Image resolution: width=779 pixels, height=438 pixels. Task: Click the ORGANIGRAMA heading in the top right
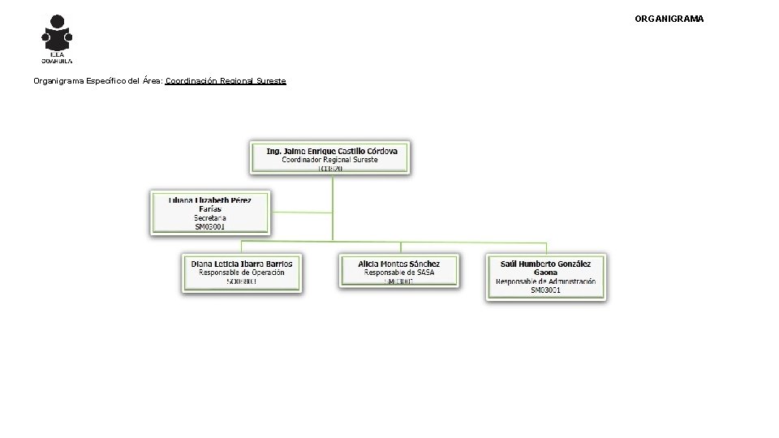click(669, 18)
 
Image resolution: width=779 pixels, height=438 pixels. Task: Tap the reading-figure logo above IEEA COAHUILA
click(57, 34)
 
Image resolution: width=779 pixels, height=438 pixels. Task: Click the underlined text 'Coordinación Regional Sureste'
click(226, 81)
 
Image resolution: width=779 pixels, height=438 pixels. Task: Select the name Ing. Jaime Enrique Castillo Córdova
click(331, 151)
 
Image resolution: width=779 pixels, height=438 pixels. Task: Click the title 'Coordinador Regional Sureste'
click(330, 160)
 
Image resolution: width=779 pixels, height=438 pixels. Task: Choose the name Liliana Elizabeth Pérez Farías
click(209, 204)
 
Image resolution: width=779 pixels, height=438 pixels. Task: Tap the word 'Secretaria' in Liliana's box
click(210, 218)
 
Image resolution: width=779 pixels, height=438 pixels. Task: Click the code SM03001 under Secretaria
click(210, 227)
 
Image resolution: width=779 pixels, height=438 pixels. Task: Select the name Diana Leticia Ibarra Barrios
click(242, 264)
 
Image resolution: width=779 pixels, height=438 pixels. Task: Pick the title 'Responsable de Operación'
click(242, 273)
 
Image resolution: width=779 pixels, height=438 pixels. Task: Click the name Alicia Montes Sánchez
click(399, 264)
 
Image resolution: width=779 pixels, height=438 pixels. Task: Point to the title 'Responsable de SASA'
click(399, 273)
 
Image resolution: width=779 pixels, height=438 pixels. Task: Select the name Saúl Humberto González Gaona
click(545, 268)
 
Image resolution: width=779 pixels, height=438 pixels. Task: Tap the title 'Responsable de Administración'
click(545, 281)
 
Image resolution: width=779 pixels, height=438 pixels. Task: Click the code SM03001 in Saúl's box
click(545, 290)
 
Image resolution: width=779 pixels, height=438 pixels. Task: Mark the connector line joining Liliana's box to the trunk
click(301, 213)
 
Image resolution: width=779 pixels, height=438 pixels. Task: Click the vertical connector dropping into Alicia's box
click(400, 247)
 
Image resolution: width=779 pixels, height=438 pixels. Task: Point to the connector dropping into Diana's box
click(242, 247)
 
